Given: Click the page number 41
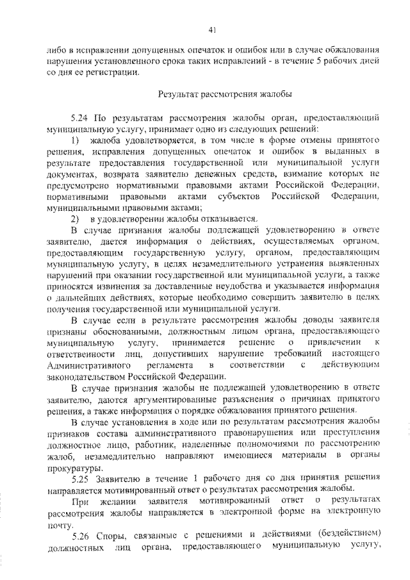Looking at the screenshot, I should click(213, 28).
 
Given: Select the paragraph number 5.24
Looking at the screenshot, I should click(81, 119).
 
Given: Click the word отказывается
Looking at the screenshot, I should click(229, 218).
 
